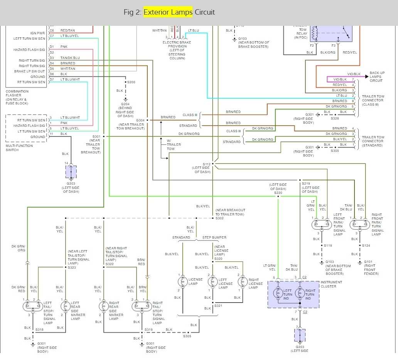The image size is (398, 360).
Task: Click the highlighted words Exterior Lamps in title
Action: coord(168,12)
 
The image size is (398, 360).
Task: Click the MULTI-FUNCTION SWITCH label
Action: coord(19,148)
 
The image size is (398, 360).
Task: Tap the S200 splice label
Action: coord(131,82)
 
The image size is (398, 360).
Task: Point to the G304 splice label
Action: coord(140,120)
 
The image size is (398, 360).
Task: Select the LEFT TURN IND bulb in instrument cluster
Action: coord(278,294)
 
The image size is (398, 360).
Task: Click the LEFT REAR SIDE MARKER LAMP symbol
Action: coord(66,306)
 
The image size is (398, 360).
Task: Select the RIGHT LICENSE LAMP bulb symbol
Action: coord(243,281)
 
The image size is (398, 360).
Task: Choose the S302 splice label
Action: coord(219,219)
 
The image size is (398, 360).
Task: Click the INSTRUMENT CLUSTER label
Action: coord(331,284)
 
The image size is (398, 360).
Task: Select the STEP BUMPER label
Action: coord(214,237)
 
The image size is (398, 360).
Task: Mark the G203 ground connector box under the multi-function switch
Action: coord(71,172)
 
